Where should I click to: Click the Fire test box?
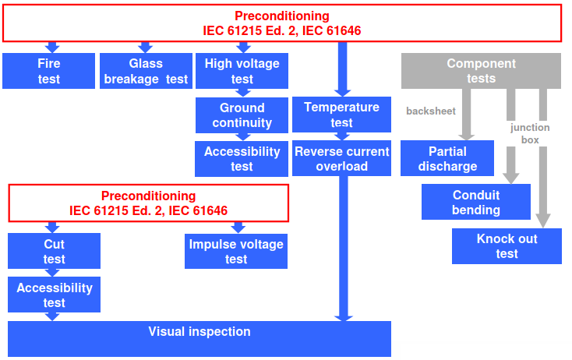48,71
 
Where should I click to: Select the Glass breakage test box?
146,71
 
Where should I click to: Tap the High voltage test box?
242,71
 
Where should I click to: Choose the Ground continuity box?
242,115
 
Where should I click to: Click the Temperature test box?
341,115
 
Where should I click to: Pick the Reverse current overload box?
341,158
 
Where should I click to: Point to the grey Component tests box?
481,71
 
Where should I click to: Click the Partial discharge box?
447,158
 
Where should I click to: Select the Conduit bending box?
475,202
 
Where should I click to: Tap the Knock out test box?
507,245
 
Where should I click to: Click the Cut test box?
54,251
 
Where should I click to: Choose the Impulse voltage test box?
236,251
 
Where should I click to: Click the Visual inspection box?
199,338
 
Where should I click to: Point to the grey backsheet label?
431,111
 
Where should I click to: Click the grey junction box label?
530,133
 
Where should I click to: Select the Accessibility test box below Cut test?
54,295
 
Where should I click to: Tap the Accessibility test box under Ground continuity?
242,158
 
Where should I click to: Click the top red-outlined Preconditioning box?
282,23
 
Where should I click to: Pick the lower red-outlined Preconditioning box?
148,203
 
